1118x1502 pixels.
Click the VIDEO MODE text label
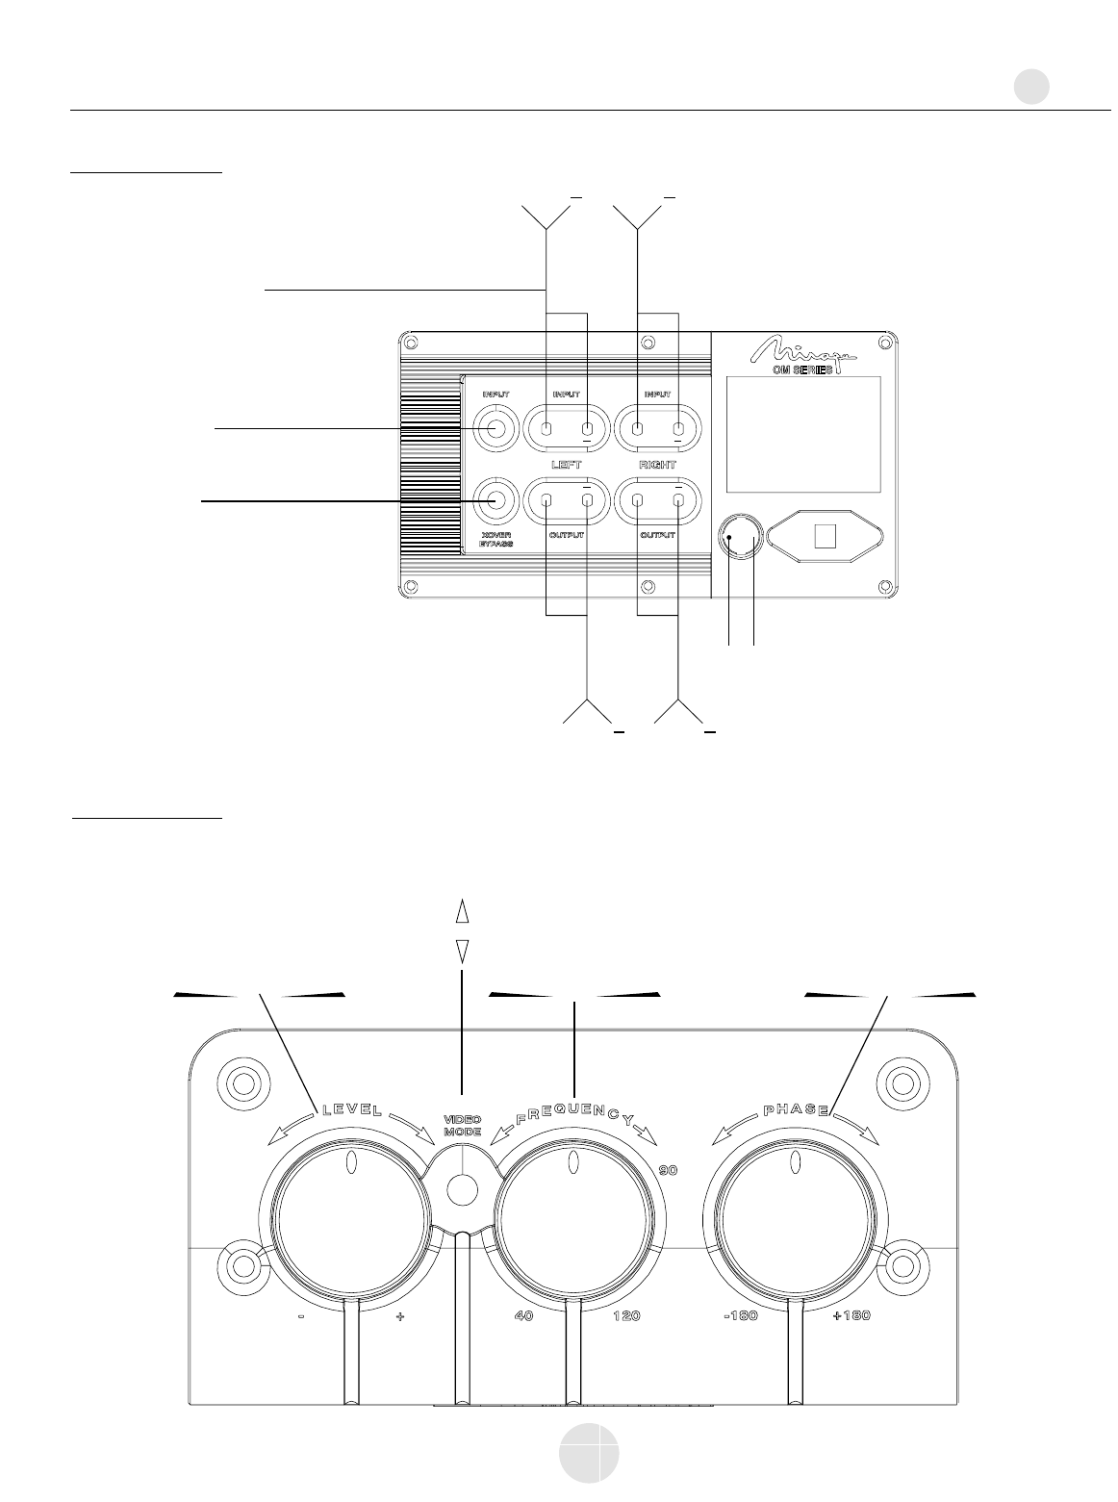click(x=462, y=1127)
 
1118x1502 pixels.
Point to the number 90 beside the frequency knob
click(x=669, y=1171)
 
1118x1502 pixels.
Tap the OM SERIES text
click(x=803, y=370)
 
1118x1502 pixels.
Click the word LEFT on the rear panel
click(x=566, y=465)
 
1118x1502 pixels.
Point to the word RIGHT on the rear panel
click(x=658, y=465)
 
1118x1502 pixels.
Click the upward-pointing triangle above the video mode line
click(x=462, y=911)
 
